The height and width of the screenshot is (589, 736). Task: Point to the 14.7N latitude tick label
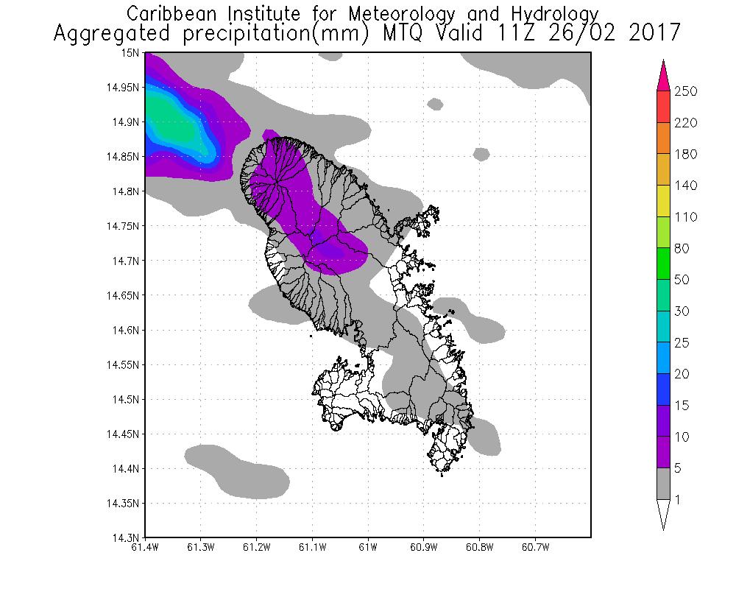point(124,261)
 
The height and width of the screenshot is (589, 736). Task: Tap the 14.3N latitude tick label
point(124,537)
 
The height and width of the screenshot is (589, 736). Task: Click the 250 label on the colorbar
point(685,91)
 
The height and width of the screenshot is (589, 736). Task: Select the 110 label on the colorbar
point(685,217)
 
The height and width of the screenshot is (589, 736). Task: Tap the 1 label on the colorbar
point(678,500)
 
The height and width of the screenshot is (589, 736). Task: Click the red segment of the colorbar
point(663,107)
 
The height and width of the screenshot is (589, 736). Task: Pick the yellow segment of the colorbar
point(663,201)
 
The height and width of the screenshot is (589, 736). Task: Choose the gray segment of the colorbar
point(663,484)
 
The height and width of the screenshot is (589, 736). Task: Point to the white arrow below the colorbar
point(663,515)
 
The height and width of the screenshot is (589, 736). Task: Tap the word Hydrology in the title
point(557,14)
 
